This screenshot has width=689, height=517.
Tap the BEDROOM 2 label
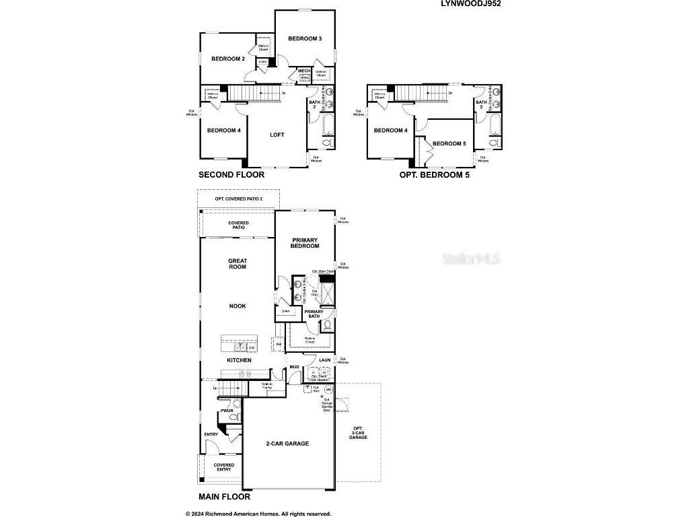[x=228, y=59]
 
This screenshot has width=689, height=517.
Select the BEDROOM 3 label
[x=305, y=38]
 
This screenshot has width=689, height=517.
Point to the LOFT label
[x=277, y=135]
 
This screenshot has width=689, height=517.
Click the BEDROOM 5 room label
[x=449, y=143]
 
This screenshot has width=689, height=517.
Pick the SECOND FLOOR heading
[x=231, y=174]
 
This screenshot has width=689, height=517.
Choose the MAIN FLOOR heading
[x=224, y=497]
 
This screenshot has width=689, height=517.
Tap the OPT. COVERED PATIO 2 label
[x=238, y=199]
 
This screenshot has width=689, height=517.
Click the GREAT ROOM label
[x=238, y=264]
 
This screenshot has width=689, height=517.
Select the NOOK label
[x=238, y=306]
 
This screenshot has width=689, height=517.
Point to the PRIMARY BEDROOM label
[x=305, y=243]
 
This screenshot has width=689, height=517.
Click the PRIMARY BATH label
[x=314, y=314]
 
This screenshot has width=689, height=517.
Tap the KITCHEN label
[x=239, y=360]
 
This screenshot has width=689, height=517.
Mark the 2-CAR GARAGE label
[x=287, y=444]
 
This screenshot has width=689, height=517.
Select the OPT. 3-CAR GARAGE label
[x=357, y=433]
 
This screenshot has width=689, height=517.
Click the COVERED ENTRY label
[x=224, y=467]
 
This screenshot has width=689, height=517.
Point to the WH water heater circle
[x=329, y=390]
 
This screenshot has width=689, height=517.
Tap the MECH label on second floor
[x=303, y=71]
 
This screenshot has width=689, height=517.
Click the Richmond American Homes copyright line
[x=258, y=512]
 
